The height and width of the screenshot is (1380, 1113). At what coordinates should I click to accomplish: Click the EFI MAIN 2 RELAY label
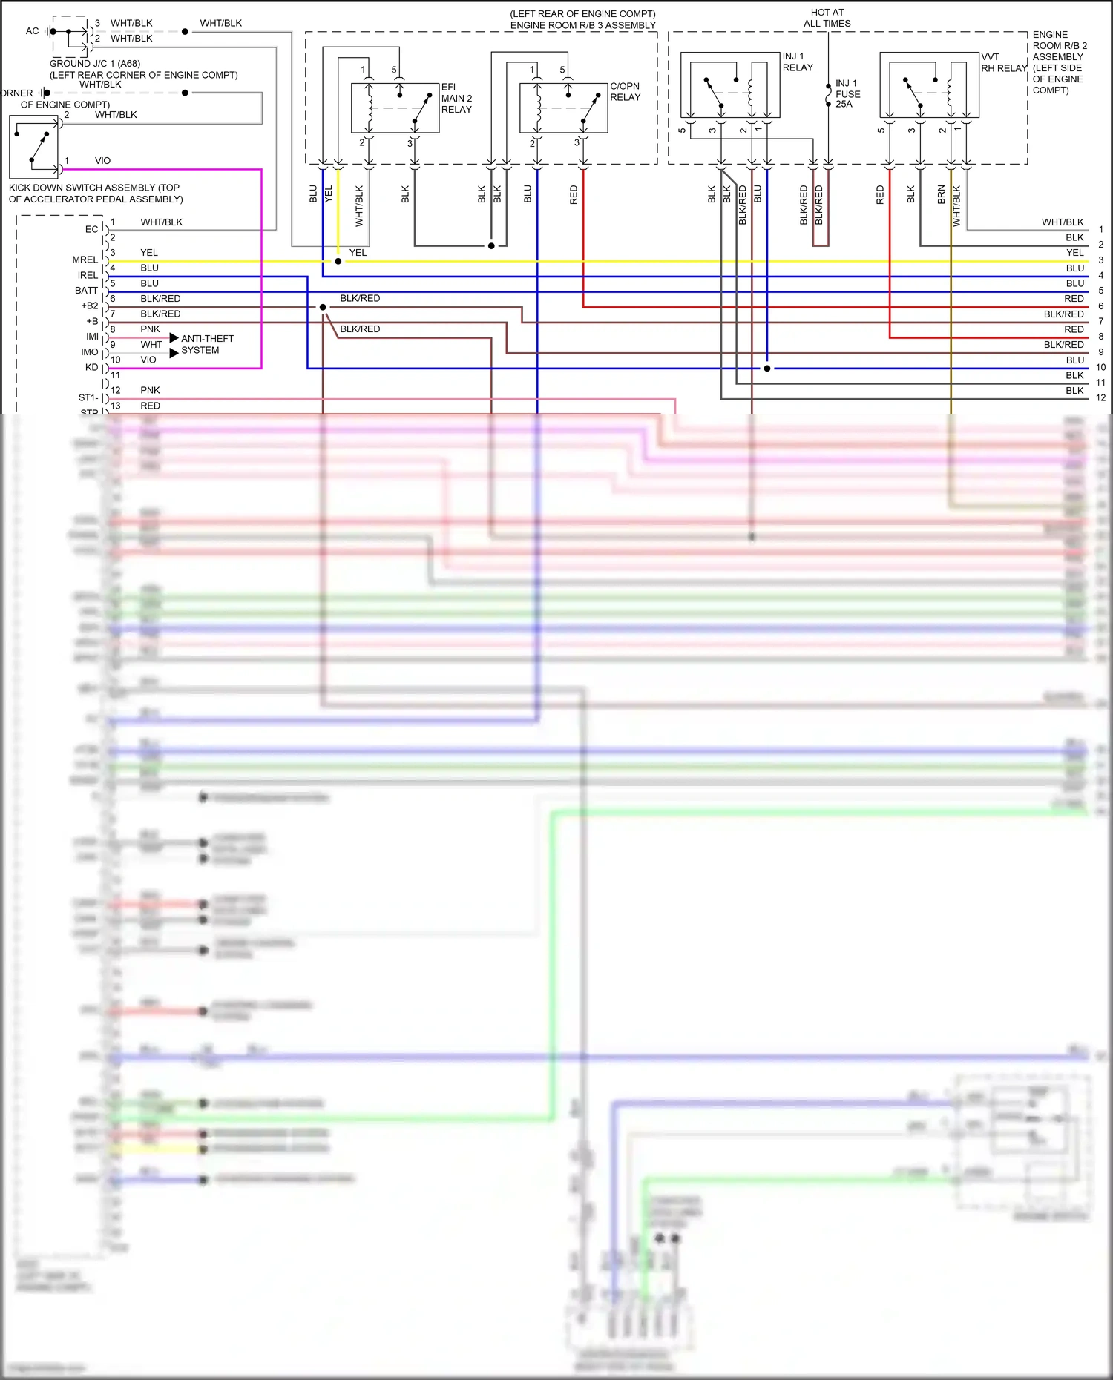pyautogui.click(x=456, y=98)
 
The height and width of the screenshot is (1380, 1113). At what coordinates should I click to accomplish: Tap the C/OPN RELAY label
pyautogui.click(x=625, y=92)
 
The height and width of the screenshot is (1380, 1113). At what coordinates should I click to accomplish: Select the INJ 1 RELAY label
pyautogui.click(x=798, y=62)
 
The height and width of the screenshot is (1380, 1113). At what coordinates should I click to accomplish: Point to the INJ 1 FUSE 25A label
pyautogui.click(x=847, y=93)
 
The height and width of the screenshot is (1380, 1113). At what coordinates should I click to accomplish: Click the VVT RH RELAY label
pyautogui.click(x=1004, y=62)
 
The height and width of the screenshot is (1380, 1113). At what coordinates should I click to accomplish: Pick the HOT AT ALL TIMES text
pyautogui.click(x=827, y=18)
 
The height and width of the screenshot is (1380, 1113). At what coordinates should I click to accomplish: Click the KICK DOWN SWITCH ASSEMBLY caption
pyautogui.click(x=96, y=194)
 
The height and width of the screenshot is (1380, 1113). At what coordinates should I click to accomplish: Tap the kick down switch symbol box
pyautogui.click(x=34, y=146)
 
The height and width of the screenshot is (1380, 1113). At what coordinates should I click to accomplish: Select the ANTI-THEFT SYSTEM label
pyautogui.click(x=207, y=344)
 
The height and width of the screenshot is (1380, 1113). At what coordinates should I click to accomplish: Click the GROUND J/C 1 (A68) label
pyautogui.click(x=95, y=64)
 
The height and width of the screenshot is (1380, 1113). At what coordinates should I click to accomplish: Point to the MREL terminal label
pyautogui.click(x=85, y=260)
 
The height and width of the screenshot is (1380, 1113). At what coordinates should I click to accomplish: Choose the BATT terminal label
pyautogui.click(x=86, y=291)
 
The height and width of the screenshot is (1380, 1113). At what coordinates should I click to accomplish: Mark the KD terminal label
pyautogui.click(x=91, y=368)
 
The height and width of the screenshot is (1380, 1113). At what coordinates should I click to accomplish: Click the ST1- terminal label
pyautogui.click(x=88, y=398)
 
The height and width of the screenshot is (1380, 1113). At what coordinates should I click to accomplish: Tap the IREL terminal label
pyautogui.click(x=88, y=275)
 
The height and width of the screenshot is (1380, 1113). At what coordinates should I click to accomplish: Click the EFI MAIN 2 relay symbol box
pyautogui.click(x=395, y=108)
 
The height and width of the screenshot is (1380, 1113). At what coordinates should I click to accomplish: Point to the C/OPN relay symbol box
pyautogui.click(x=563, y=108)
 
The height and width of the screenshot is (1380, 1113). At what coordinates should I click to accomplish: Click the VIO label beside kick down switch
pyautogui.click(x=102, y=161)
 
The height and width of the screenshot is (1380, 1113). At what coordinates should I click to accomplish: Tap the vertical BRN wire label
pyautogui.click(x=941, y=194)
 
